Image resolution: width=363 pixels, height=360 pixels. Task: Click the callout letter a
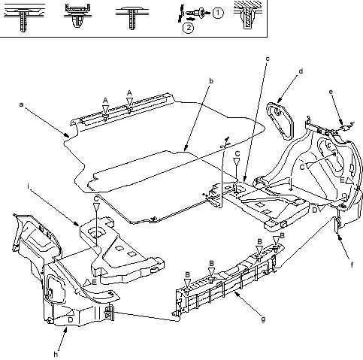21,104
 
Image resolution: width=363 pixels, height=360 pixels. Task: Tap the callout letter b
211,81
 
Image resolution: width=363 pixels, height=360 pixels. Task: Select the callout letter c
268,59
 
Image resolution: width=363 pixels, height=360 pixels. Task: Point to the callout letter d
301,71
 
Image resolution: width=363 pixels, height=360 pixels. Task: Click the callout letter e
331,92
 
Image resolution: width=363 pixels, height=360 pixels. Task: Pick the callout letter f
352,265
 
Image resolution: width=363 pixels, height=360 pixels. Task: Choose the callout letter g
263,319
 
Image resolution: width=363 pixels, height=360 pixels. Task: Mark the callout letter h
56,354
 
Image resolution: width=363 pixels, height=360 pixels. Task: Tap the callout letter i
29,186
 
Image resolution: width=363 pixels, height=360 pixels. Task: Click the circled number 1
218,13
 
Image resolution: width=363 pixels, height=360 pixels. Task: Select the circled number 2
188,28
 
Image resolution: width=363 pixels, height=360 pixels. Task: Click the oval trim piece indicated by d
280,121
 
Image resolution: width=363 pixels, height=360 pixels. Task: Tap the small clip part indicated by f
337,225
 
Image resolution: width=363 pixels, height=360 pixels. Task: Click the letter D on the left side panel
71,319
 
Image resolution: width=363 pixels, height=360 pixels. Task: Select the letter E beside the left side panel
94,283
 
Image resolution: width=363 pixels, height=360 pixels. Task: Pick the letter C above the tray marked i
96,199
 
